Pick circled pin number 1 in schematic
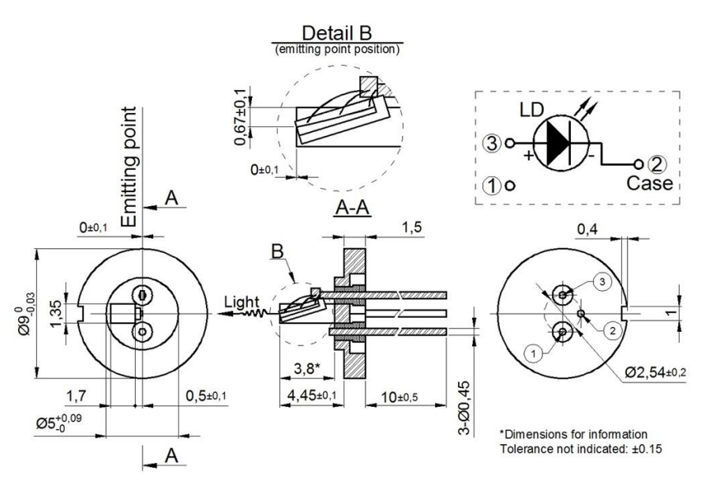point(492,186)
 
